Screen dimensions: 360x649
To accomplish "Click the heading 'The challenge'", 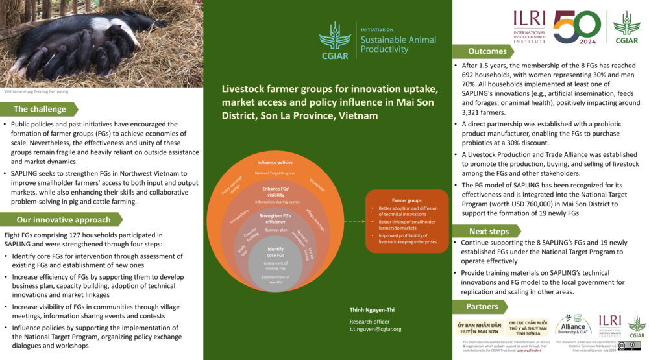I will coord(38,109).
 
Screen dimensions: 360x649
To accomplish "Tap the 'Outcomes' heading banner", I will coord(487,51).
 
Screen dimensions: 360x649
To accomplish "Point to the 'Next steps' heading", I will coord(489,232).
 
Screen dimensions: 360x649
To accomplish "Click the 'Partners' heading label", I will coord(482,306).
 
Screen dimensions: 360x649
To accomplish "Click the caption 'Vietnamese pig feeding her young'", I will coord(36,91).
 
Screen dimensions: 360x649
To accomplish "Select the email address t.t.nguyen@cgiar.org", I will coord(375,329).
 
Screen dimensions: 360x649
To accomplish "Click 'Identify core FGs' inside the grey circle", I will coord(276,252).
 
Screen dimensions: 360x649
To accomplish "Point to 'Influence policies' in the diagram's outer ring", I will coord(275,162).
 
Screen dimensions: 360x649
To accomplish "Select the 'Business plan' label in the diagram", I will coord(276,230).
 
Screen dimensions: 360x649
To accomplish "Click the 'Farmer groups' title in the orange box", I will coord(407,201).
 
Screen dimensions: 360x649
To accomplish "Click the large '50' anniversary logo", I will coord(576,27).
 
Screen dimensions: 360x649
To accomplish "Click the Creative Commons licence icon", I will coord(629,346).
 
